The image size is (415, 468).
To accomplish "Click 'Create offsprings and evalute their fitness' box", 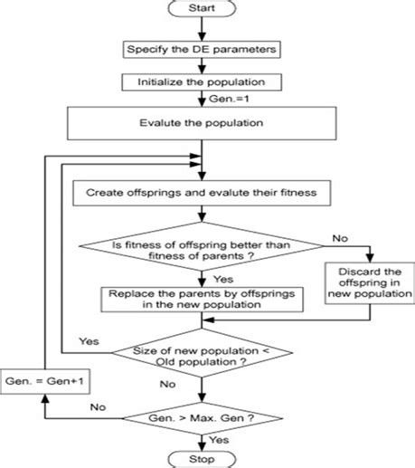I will click(x=201, y=192).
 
